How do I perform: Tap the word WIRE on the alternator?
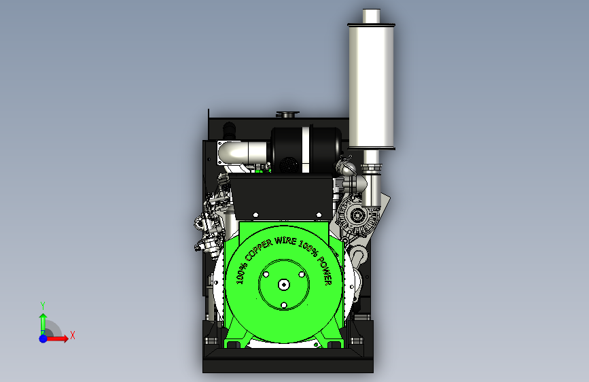point(285,240)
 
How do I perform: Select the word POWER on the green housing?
point(325,271)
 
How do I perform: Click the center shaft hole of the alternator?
point(283,285)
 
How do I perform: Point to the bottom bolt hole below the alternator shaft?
point(284,305)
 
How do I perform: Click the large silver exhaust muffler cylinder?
point(371,86)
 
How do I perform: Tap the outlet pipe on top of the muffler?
point(371,16)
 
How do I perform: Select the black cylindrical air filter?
point(306,150)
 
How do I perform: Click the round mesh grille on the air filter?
point(289,164)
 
